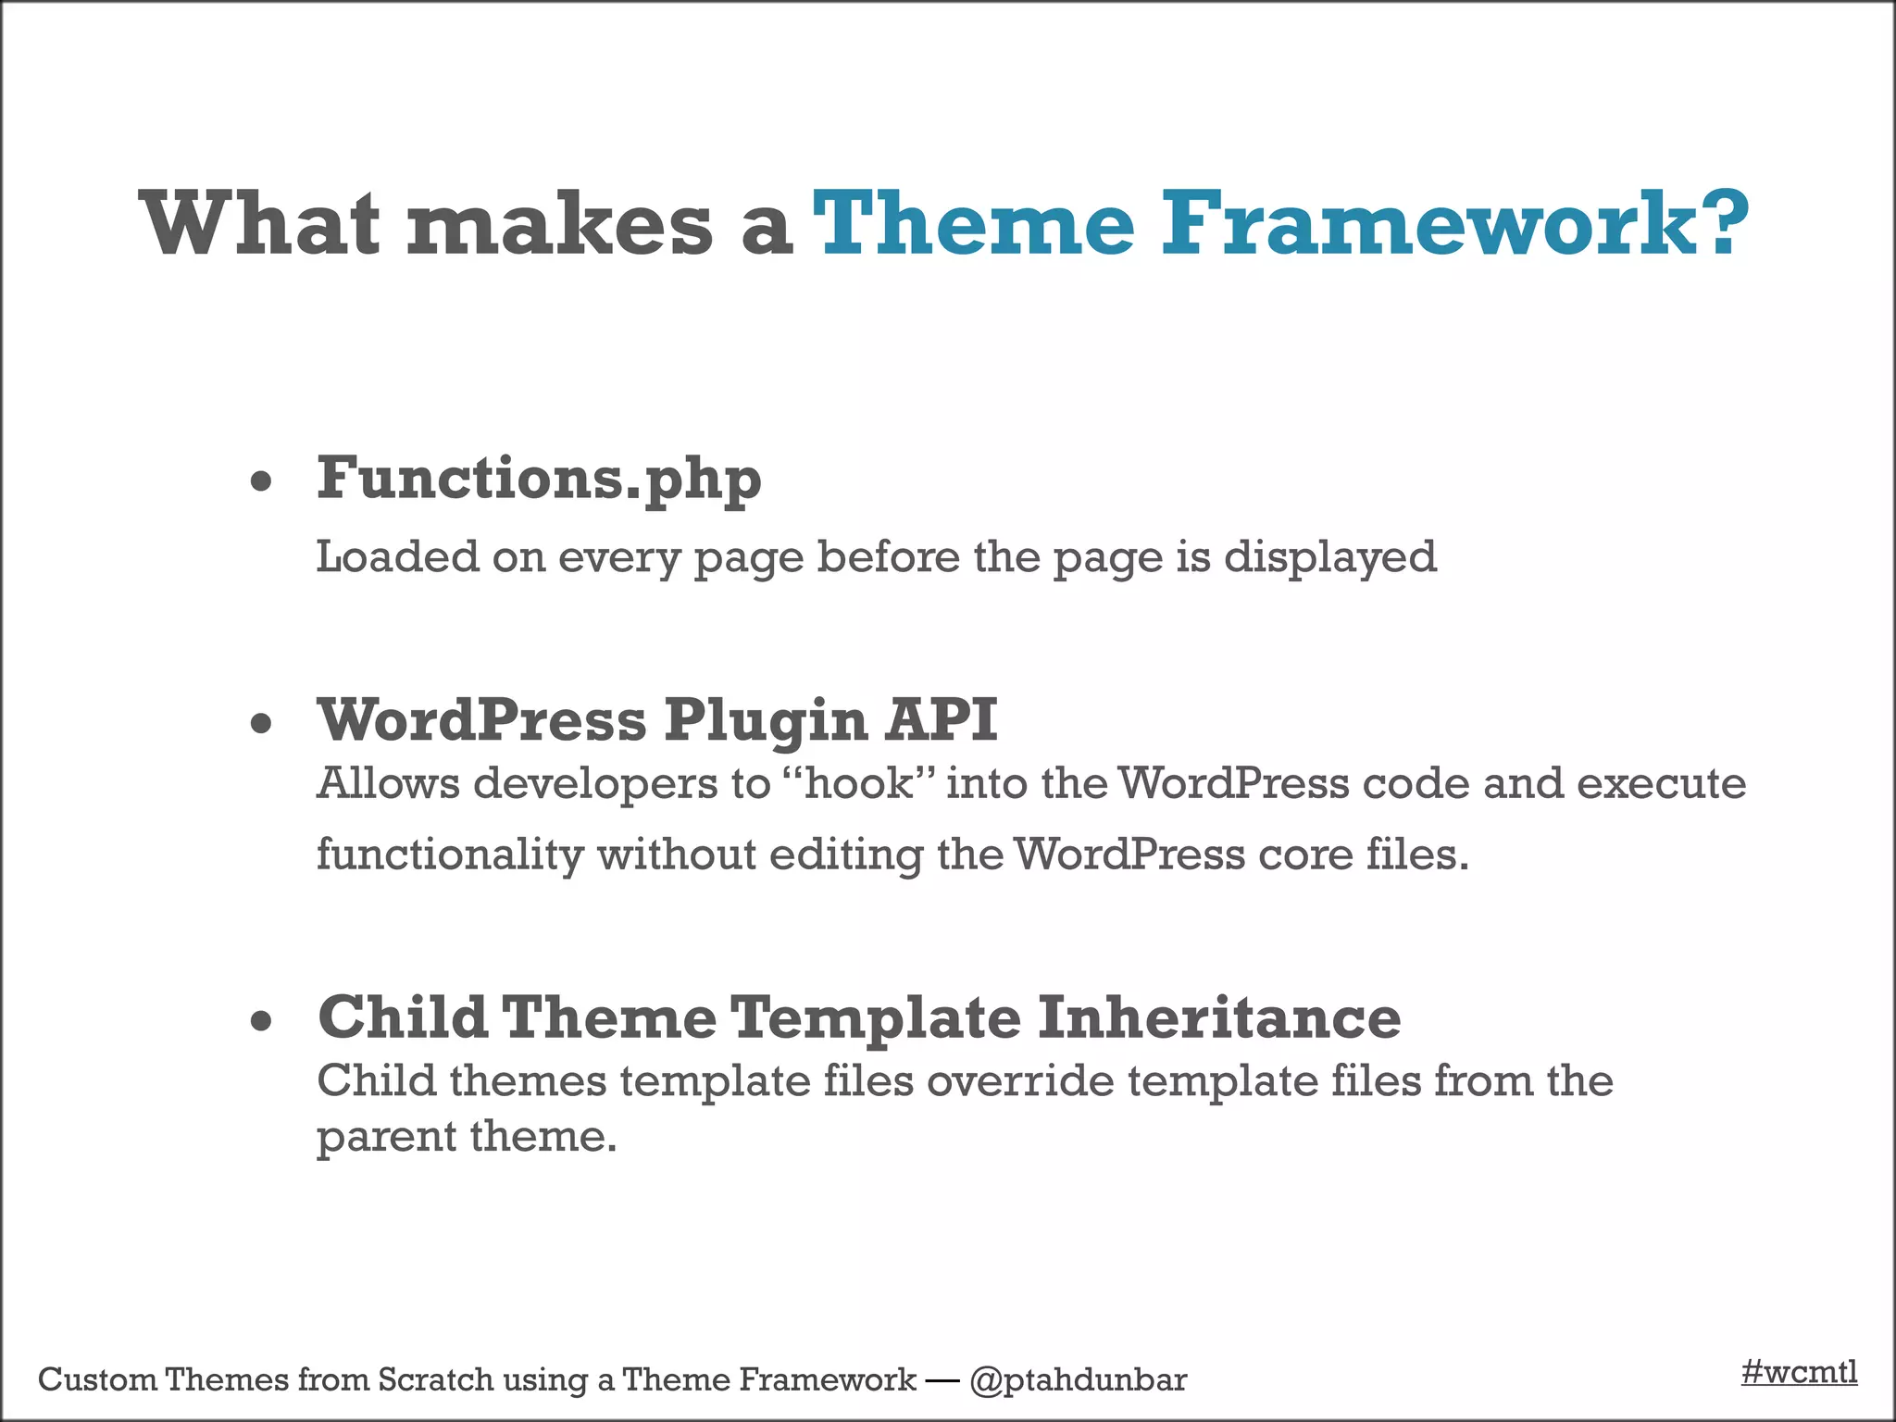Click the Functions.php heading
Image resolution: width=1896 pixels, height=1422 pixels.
tap(539, 480)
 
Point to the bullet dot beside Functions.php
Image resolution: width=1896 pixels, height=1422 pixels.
tap(262, 481)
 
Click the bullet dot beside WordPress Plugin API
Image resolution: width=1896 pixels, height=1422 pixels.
tap(262, 723)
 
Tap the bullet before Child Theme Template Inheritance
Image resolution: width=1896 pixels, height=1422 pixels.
tap(262, 1021)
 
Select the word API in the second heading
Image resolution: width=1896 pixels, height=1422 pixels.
tap(941, 719)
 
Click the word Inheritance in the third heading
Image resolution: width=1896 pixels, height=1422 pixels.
tap(1218, 1017)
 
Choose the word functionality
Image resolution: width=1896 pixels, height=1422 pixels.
tap(450, 854)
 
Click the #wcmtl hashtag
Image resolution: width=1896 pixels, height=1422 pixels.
tap(1799, 1371)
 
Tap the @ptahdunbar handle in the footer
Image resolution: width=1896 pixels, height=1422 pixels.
tap(1078, 1380)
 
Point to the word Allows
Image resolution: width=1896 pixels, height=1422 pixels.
tap(388, 783)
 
